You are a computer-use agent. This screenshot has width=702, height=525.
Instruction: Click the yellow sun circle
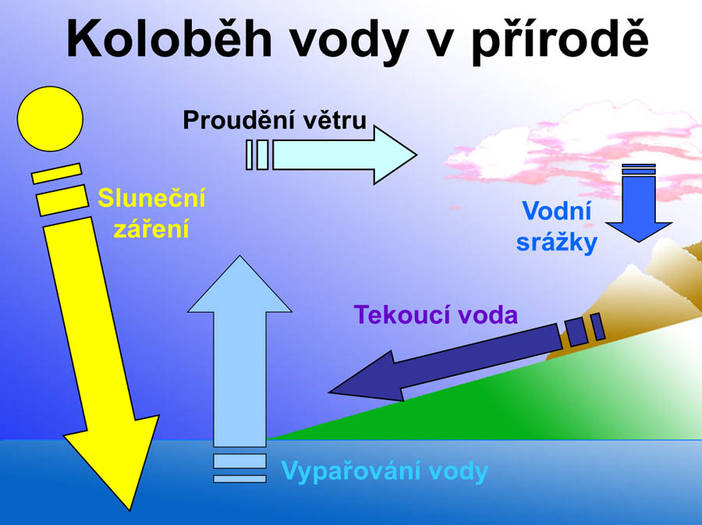point(50,119)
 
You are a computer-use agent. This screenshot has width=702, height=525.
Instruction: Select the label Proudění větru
point(275,120)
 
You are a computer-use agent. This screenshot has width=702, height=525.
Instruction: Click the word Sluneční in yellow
point(151,198)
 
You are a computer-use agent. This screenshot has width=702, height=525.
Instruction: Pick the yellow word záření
point(151,229)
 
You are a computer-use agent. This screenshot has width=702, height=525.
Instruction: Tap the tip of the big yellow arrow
point(129,509)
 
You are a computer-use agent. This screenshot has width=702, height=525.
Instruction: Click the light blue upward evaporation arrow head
point(239,284)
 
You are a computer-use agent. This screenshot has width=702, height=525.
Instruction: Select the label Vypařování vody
point(385,472)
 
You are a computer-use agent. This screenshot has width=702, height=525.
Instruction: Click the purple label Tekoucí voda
point(435,314)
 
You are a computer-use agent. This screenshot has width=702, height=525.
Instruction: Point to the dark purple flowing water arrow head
point(367,377)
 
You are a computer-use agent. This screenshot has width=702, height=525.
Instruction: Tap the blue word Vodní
point(556,211)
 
